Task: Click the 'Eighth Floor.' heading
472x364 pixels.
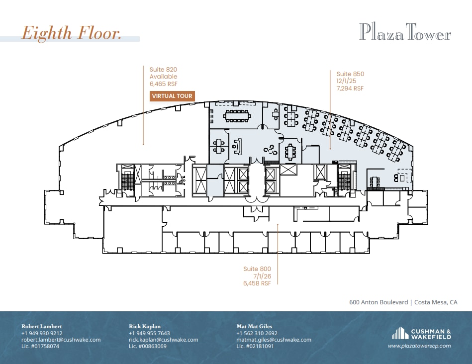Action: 71,33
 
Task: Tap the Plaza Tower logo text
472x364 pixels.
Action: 405,33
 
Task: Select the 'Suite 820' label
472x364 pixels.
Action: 163,70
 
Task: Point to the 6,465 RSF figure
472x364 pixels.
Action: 163,84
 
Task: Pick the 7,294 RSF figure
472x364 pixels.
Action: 350,89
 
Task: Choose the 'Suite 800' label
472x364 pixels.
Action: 257,269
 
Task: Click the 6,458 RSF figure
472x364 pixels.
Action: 257,283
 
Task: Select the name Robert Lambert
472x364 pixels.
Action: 41,326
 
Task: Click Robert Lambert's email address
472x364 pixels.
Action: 61,340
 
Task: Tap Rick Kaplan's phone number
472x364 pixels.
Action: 149,333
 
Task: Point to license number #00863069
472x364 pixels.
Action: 147,346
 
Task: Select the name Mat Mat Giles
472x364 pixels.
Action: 254,326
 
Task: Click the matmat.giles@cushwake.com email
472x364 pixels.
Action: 274,340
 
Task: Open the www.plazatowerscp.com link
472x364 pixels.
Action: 419,346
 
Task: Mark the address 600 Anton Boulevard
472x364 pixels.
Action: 378,302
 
